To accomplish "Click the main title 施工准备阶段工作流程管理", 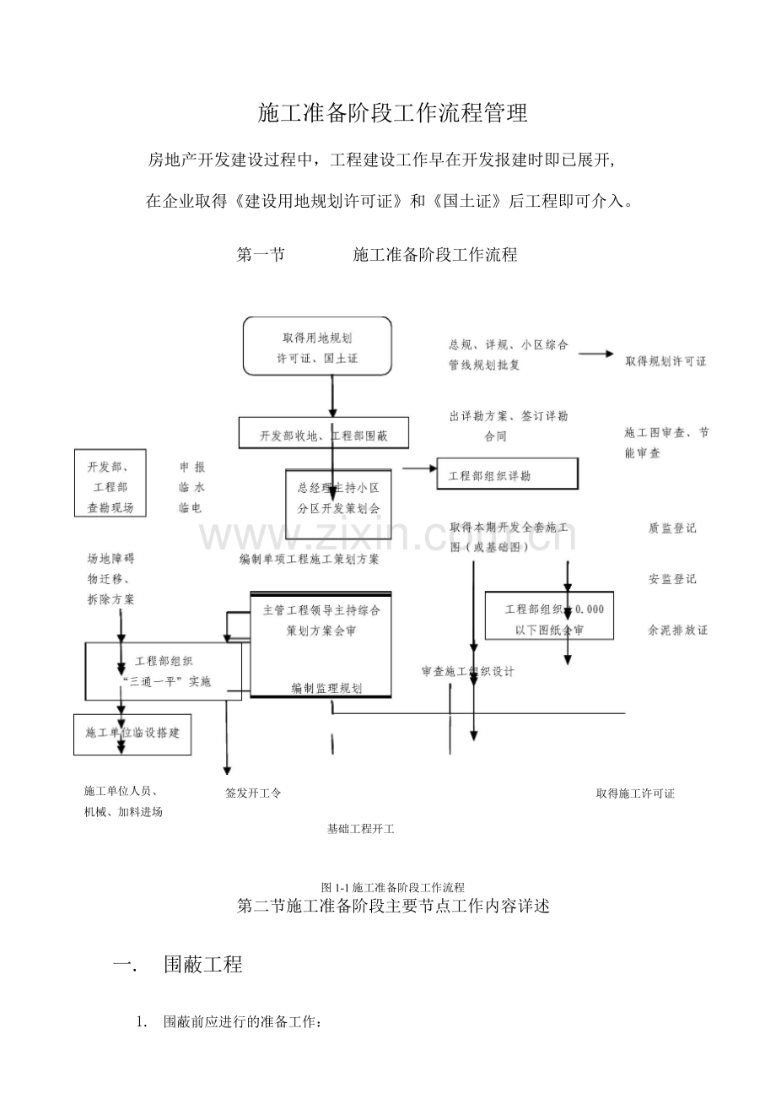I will point(392,113).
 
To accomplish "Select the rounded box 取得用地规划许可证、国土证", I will point(317,346).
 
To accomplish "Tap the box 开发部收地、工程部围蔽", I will point(323,435).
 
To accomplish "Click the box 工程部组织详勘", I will point(507,474).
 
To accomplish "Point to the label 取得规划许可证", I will point(666,361).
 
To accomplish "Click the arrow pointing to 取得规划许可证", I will point(595,355).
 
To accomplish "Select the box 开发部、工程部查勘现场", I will point(110,487).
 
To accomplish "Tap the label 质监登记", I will point(672,528).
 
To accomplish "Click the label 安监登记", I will point(672,579).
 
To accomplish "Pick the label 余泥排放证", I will point(677,630).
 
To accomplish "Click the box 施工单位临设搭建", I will point(132,733).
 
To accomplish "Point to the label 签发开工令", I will point(253,793).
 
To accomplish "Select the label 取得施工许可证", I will point(635,793).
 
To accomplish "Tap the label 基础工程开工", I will point(361,829).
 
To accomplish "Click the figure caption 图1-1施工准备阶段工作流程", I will point(393,887).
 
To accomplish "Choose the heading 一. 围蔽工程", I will point(178,965).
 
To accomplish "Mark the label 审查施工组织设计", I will point(468,672).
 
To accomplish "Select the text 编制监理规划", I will point(326,688).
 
